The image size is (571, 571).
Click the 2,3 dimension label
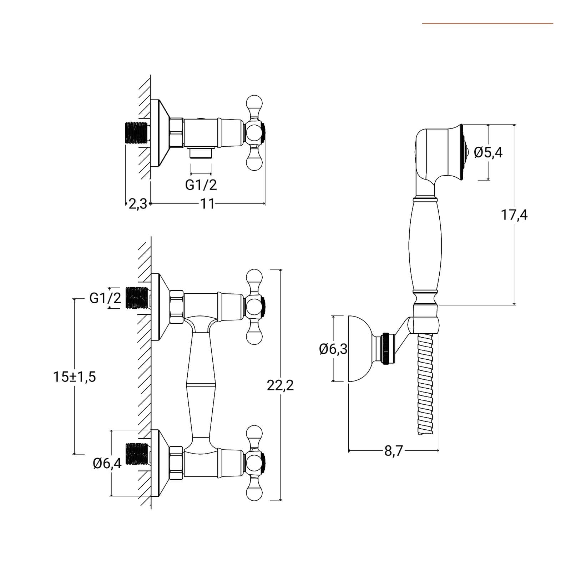click(137, 204)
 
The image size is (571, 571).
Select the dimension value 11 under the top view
click(207, 204)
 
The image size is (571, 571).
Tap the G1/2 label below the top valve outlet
click(201, 185)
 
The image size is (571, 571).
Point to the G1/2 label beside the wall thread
click(105, 298)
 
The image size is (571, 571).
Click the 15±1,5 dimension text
click(75, 377)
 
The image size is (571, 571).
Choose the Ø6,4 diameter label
click(107, 463)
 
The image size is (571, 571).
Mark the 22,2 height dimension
click(280, 385)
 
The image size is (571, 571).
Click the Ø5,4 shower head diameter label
click(488, 152)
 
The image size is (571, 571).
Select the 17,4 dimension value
click(514, 215)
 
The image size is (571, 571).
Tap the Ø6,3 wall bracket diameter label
click(333, 349)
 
